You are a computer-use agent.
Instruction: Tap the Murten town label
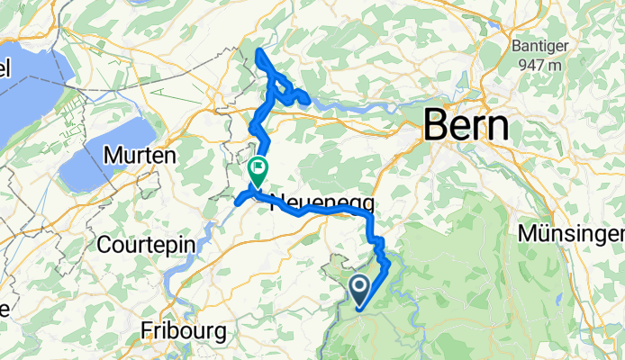point(140,156)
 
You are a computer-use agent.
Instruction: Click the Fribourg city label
point(184,331)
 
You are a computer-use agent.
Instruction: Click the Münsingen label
point(572,233)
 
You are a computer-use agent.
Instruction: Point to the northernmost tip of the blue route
point(259,51)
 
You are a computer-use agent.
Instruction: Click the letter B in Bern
point(437,125)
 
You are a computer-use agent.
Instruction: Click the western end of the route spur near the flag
point(238,202)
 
